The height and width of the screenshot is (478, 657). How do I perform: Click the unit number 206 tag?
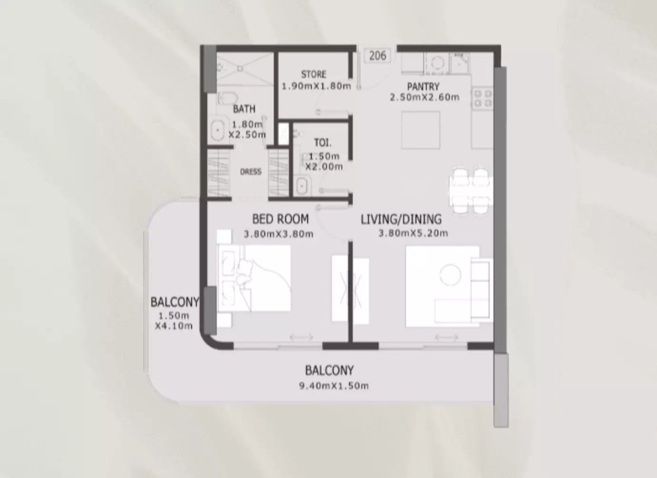(x=377, y=56)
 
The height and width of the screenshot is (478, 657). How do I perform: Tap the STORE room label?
(x=314, y=75)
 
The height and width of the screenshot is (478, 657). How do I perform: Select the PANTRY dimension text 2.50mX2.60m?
(x=425, y=97)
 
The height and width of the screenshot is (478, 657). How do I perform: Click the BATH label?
(x=244, y=109)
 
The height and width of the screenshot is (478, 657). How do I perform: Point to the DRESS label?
(x=251, y=172)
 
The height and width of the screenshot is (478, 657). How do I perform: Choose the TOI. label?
(x=323, y=143)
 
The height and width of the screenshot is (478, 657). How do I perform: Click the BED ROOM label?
(x=280, y=219)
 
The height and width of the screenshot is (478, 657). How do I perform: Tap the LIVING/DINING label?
(x=401, y=219)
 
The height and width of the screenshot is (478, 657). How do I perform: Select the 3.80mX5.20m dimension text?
(x=413, y=233)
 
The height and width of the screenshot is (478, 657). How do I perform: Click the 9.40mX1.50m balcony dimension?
(x=334, y=386)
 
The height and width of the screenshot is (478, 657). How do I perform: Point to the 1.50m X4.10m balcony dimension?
(x=174, y=321)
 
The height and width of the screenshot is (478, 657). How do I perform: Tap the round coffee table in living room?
(x=450, y=275)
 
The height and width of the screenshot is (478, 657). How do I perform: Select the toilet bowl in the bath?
(x=228, y=99)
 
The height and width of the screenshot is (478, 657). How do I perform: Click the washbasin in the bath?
(x=218, y=130)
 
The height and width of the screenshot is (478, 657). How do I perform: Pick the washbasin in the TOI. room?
(x=301, y=185)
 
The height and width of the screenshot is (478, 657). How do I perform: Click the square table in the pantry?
(x=421, y=130)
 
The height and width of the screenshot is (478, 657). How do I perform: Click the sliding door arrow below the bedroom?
(x=301, y=337)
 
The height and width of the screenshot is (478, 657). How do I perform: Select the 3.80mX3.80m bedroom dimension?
(x=279, y=234)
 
